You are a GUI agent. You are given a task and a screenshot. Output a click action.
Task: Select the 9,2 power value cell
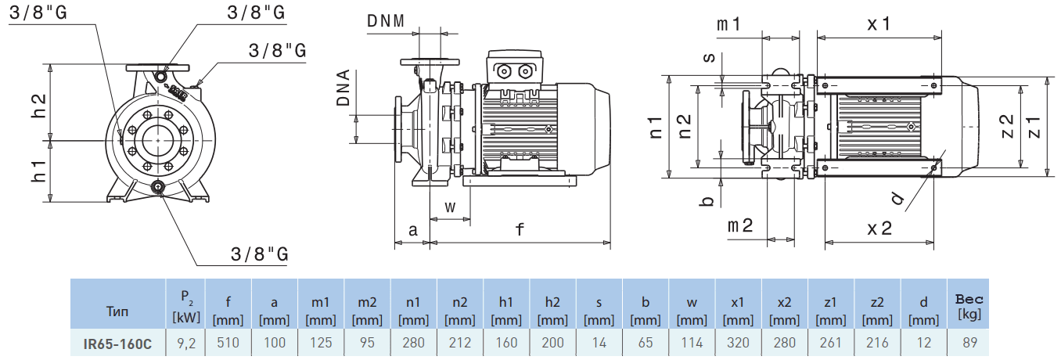(x=185, y=343)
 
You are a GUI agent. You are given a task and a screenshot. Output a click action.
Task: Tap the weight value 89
(x=969, y=343)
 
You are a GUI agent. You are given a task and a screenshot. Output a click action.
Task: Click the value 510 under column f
(x=228, y=343)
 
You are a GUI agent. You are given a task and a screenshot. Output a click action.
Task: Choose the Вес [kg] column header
(x=969, y=306)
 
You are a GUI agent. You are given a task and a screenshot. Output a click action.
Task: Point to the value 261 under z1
(x=830, y=343)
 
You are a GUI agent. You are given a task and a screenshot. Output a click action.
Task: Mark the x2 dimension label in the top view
(x=879, y=229)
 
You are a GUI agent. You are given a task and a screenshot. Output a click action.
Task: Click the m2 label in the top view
(x=739, y=226)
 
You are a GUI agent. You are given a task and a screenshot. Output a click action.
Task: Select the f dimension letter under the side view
(x=520, y=229)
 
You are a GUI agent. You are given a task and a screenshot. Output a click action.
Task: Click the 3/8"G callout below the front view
(x=260, y=254)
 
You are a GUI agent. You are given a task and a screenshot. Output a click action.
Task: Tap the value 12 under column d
(x=923, y=343)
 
